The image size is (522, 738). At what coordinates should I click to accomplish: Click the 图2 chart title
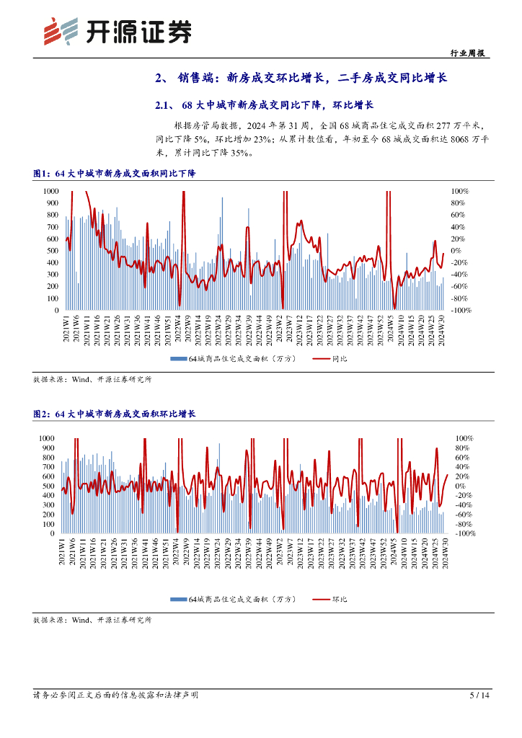(x=115, y=414)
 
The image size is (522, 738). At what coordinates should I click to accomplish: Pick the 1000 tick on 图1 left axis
(x=50, y=191)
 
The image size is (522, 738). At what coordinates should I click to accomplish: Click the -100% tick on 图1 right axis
(x=461, y=311)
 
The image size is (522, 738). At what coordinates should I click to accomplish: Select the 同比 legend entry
(x=330, y=358)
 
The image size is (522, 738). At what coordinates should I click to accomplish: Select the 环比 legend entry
(x=330, y=599)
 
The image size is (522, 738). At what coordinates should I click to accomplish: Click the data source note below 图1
(x=92, y=379)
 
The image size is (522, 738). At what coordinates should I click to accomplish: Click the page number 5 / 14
(x=479, y=695)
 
